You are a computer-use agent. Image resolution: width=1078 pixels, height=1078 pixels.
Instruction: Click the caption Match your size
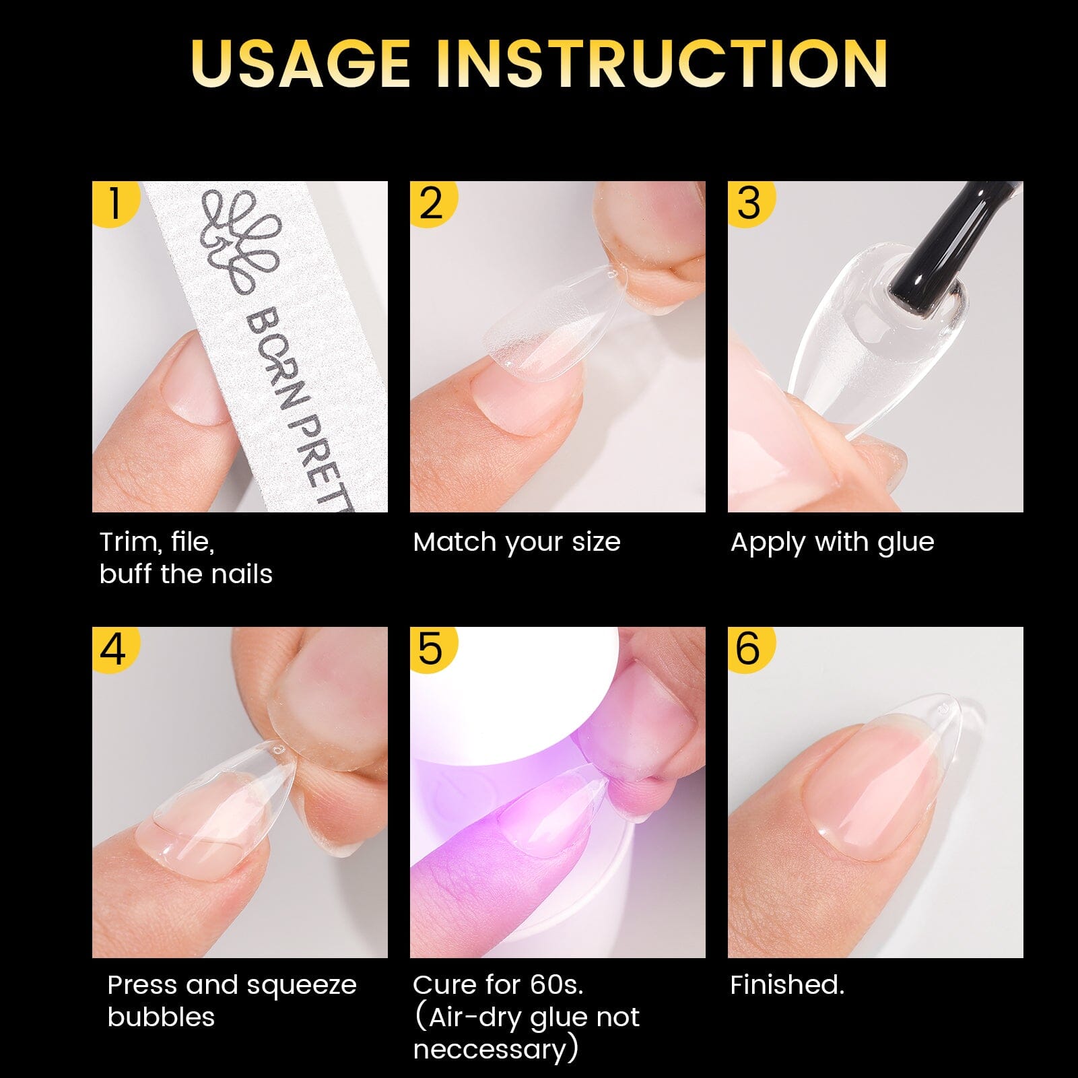(x=516, y=542)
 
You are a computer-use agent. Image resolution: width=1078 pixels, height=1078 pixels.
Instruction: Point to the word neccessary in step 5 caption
(x=490, y=1049)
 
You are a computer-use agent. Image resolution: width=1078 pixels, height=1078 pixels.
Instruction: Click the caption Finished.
(x=786, y=985)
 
